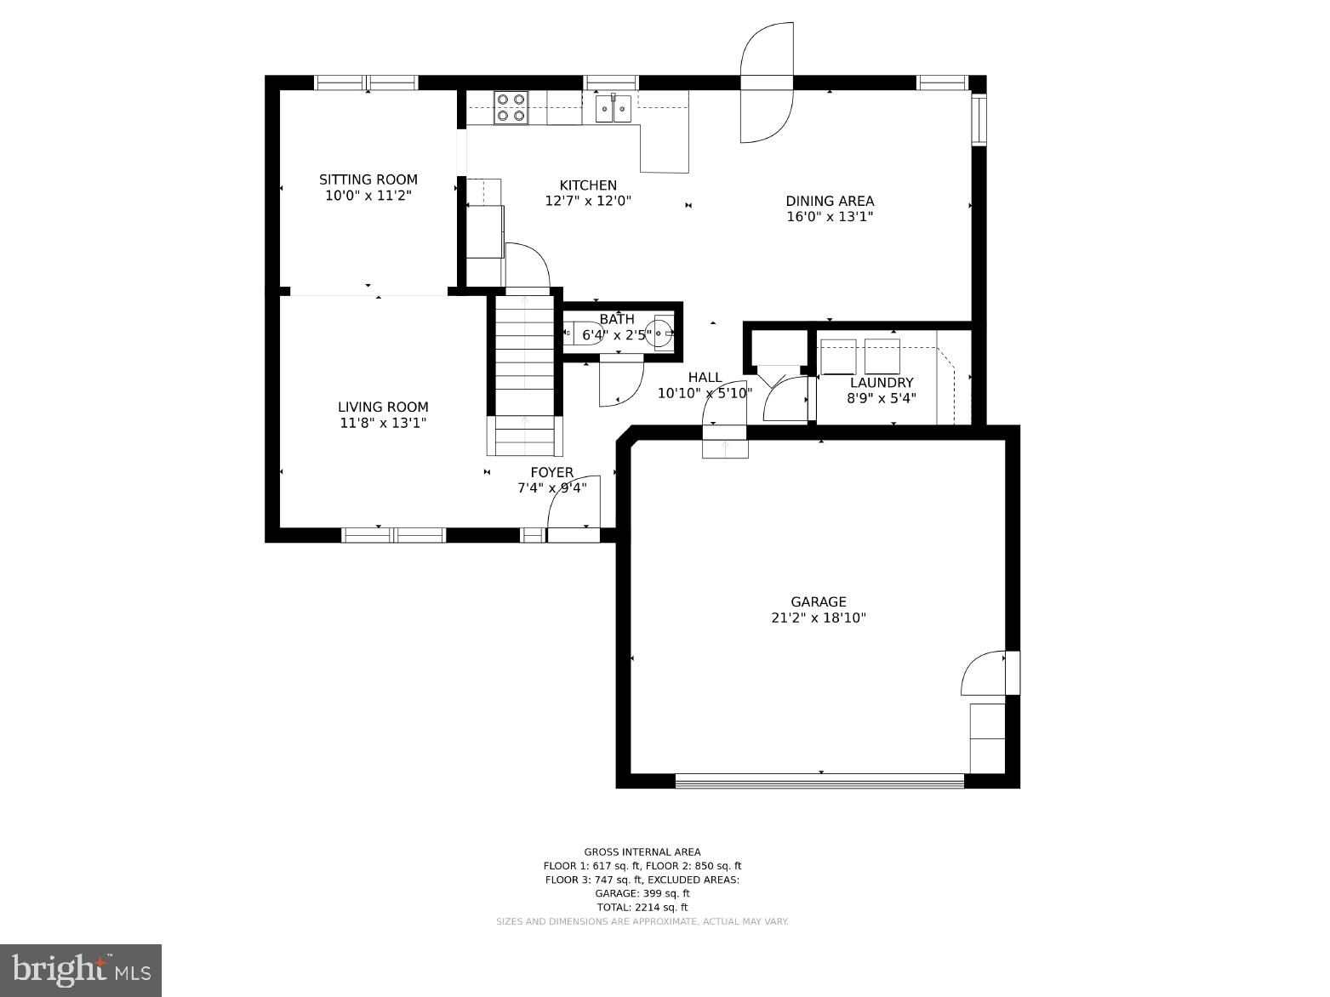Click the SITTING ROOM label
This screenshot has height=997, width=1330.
[368, 179]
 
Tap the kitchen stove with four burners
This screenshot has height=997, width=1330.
[511, 107]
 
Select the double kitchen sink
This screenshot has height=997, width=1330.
[613, 108]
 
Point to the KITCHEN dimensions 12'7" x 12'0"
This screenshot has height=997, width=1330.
[588, 202]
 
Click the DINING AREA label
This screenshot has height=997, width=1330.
[829, 201]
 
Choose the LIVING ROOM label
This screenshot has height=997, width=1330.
[383, 407]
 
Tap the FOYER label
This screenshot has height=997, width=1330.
[551, 472]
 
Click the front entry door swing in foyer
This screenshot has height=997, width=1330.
[574, 506]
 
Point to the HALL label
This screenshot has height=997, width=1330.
[705, 377]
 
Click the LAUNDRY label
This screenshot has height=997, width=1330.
[881, 383]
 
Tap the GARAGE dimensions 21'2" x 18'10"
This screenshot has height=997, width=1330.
[818, 618]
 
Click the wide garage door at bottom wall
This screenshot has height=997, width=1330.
[819, 780]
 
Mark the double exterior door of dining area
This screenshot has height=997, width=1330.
[767, 83]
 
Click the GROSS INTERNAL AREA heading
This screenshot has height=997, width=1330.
[642, 852]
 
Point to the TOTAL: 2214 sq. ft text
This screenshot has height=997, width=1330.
[642, 908]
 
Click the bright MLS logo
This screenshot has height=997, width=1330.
[81, 970]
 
